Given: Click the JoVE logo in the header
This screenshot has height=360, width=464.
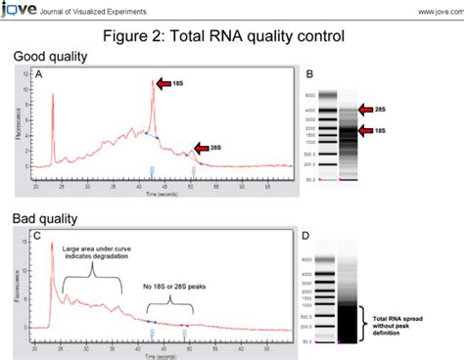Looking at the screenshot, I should (17, 9).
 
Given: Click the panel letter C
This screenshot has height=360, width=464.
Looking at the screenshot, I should (37, 235).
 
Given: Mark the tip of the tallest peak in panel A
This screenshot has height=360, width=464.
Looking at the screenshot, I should (152, 82).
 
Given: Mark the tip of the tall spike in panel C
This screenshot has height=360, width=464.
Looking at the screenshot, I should (51, 243).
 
